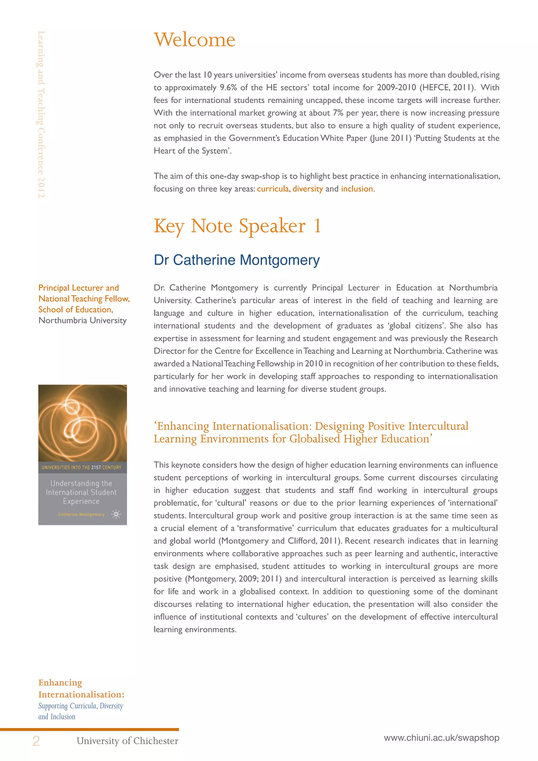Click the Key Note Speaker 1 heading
[237, 226]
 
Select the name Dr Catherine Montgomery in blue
[236, 260]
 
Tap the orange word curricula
[273, 189]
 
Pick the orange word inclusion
[358, 189]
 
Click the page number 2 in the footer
[36, 741]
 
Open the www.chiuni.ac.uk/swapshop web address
[441, 738]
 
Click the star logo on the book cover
[116, 514]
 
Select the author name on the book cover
[81, 515]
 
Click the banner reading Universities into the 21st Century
[81, 467]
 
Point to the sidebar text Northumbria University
[82, 321]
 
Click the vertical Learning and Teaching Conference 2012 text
[41, 114]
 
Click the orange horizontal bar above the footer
[89, 729]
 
